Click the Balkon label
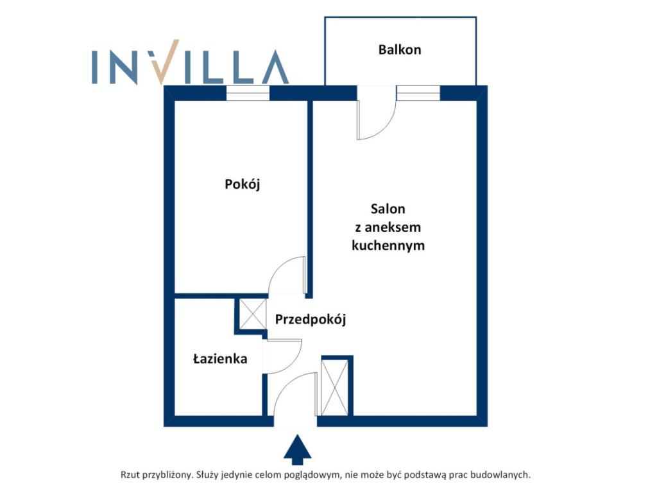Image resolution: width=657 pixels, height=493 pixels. click(x=399, y=49)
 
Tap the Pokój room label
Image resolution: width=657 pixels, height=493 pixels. click(x=242, y=184)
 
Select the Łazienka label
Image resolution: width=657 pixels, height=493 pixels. click(x=220, y=359)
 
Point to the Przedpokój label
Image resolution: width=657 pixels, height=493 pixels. click(x=311, y=320)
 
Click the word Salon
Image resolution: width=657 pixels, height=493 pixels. click(x=388, y=209)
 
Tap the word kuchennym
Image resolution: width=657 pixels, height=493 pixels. click(x=388, y=245)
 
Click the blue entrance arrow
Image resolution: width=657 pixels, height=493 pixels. click(x=298, y=450)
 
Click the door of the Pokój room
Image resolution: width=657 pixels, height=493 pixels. click(x=287, y=275)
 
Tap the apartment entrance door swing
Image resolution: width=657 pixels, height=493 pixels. click(x=295, y=395)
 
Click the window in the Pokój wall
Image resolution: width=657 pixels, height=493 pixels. click(x=248, y=93)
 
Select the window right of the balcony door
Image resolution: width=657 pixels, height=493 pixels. click(x=418, y=93)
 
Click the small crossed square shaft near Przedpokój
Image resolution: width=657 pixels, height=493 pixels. click(x=252, y=313)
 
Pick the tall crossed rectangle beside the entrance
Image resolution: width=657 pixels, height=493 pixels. click(x=334, y=387)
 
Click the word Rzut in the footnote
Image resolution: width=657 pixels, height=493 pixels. click(x=130, y=475)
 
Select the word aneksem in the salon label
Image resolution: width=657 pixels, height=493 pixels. click(x=393, y=228)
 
